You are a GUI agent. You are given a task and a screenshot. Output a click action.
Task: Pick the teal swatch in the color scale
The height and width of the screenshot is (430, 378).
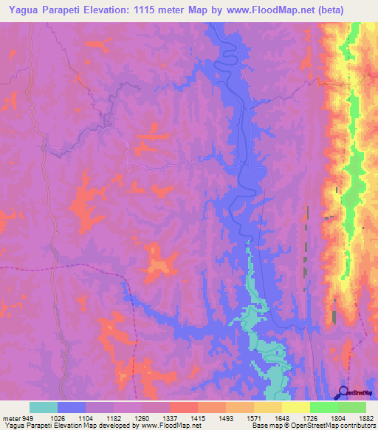click(x=44, y=407)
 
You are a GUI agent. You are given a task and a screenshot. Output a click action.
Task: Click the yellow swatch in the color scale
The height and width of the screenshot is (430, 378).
click(x=295, y=407)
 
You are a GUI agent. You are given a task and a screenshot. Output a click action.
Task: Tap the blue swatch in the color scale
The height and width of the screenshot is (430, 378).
click(x=72, y=407)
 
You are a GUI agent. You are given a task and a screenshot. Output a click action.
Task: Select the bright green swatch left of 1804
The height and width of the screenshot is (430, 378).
click(x=323, y=407)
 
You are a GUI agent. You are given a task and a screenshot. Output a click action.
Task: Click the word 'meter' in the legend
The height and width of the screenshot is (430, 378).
click(x=10, y=417)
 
